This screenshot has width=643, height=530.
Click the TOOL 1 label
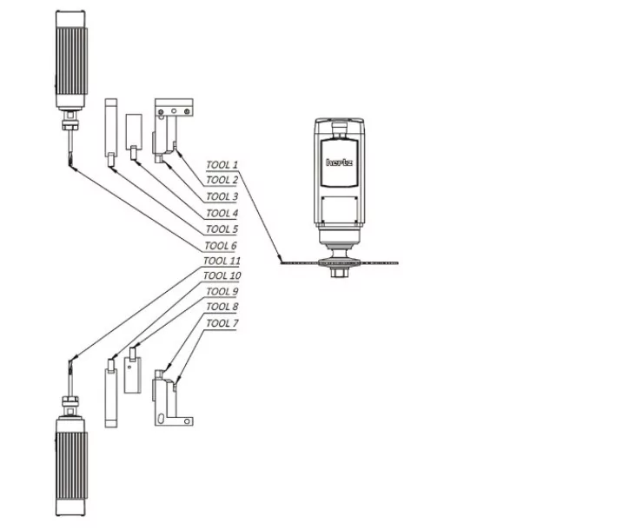(222, 165)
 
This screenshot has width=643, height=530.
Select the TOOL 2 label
(222, 180)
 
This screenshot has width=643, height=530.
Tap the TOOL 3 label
(222, 196)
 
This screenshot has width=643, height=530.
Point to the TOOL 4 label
(222, 213)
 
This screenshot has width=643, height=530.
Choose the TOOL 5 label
(222, 229)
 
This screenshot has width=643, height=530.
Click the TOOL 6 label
(221, 246)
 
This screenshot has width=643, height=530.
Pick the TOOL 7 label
(222, 323)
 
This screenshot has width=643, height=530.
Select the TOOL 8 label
(222, 307)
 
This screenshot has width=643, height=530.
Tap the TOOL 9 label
(222, 291)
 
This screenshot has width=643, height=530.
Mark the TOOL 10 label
(222, 275)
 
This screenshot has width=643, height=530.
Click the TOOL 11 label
(222, 261)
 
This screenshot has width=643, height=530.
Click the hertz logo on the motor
(339, 162)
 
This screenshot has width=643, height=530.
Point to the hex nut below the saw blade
(340, 273)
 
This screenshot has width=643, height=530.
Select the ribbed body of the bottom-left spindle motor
(72, 465)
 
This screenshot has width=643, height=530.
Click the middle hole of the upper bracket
(174, 111)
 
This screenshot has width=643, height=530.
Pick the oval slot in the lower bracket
(161, 419)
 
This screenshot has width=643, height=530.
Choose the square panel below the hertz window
(340, 210)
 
